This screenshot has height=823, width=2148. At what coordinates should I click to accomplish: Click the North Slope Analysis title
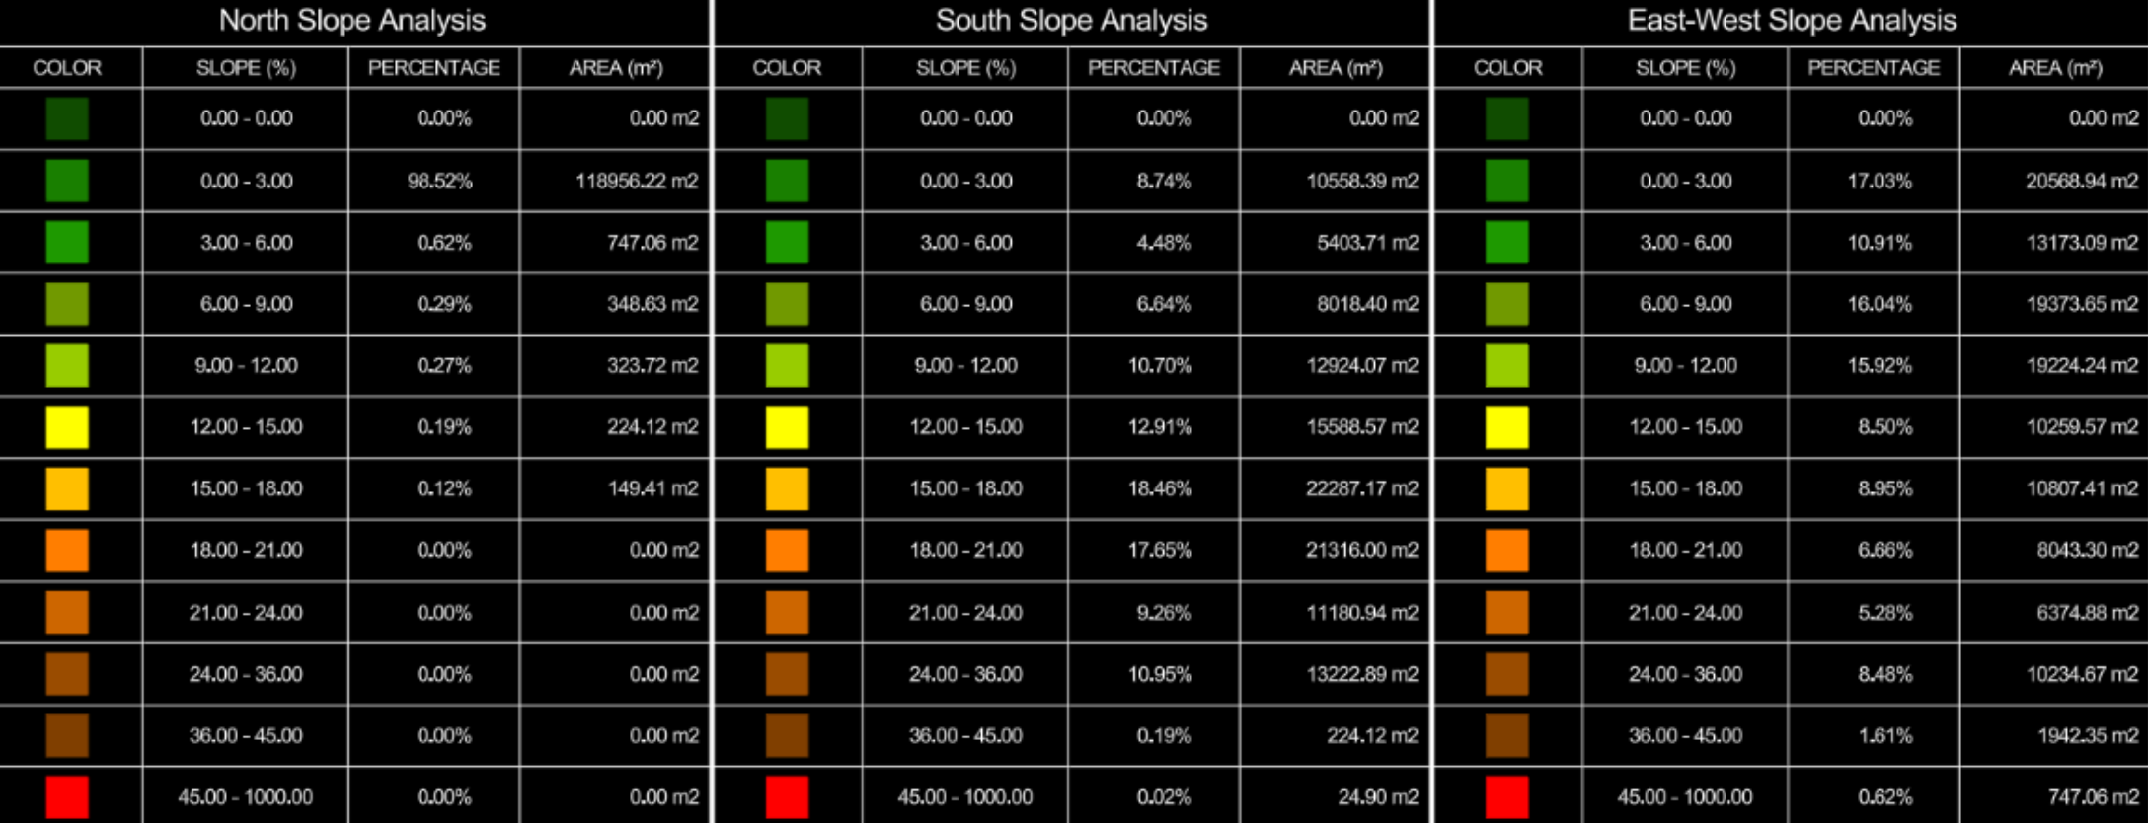(352, 21)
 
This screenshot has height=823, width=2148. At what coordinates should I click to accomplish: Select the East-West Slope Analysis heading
(1792, 21)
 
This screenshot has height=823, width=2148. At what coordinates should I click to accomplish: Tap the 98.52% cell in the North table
(440, 181)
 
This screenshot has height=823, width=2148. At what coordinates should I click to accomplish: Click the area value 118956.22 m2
(637, 181)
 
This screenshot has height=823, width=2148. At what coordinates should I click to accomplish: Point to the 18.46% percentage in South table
(1160, 488)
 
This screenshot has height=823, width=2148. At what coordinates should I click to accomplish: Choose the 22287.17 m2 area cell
(1362, 488)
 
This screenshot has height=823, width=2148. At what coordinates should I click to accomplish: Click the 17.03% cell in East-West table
(1879, 181)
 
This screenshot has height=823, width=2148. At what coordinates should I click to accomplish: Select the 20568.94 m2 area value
(2082, 181)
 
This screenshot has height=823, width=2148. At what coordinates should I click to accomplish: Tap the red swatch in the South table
(787, 797)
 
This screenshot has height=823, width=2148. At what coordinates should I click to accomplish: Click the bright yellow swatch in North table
(67, 427)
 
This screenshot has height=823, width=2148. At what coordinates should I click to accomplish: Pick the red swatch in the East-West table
(1506, 797)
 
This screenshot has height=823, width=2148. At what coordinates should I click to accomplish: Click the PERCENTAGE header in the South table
(1154, 68)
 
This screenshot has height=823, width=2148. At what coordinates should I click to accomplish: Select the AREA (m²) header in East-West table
(2055, 68)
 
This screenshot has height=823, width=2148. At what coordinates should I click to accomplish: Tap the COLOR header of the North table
(67, 68)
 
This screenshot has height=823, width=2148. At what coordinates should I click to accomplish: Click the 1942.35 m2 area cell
(2088, 735)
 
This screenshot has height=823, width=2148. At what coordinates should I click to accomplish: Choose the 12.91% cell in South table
(1160, 427)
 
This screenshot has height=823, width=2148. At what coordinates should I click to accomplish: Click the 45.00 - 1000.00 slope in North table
(246, 797)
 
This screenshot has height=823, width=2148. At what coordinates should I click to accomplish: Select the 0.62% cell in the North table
(444, 243)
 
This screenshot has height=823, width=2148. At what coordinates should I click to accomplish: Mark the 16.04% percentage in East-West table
(1879, 304)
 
